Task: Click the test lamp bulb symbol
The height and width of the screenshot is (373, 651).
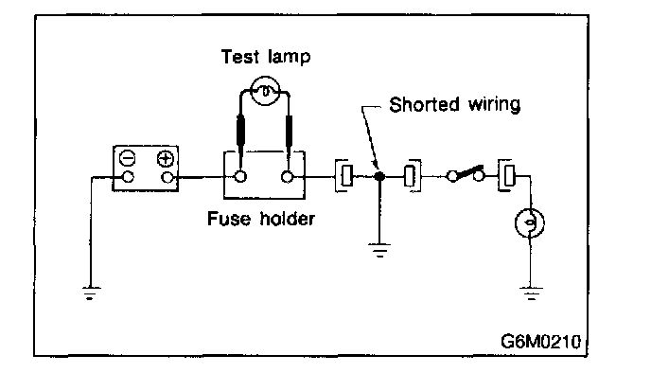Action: [266, 91]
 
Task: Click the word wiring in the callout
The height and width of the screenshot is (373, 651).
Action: [494, 105]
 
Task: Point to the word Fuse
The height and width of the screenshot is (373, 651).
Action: [229, 219]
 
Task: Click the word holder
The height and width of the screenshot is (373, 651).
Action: [288, 218]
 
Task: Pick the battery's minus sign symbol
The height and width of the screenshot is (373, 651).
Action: [127, 158]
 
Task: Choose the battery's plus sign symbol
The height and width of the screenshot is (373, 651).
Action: [166, 159]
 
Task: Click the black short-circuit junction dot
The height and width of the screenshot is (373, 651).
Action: [379, 176]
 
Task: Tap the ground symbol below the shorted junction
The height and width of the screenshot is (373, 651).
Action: [379, 250]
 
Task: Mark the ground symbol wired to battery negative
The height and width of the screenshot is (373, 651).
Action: [91, 293]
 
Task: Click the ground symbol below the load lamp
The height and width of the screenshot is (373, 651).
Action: [531, 293]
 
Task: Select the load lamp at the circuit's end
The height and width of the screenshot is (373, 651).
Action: [530, 223]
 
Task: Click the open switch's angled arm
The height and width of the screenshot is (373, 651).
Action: [467, 172]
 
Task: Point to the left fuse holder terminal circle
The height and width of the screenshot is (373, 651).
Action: [239, 176]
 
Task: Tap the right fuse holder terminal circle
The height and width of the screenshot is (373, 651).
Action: [287, 177]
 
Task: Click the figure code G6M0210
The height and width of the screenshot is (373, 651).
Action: [540, 342]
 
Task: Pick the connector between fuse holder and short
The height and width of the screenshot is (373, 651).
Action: [344, 176]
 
